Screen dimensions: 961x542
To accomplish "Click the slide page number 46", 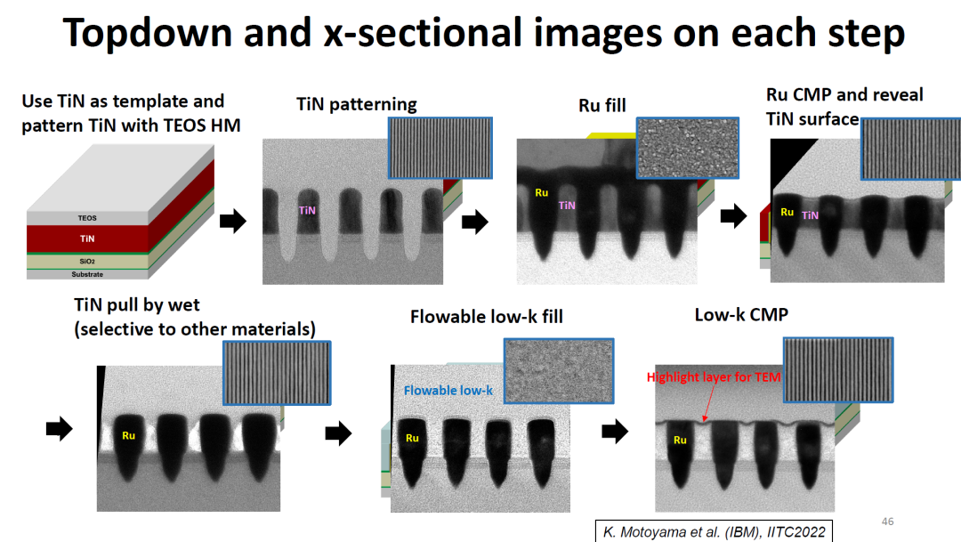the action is click(x=887, y=522).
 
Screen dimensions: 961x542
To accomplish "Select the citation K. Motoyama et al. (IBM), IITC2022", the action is click(x=714, y=532).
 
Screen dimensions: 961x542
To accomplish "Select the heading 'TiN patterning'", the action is click(x=356, y=104).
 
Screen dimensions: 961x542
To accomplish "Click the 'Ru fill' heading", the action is click(x=602, y=106).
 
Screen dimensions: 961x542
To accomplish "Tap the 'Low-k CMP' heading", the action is click(x=741, y=315).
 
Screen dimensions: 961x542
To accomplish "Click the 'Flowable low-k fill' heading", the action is click(x=486, y=317).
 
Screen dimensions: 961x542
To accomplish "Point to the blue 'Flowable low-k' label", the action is click(x=448, y=390).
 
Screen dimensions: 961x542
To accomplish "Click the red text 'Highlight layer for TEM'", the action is click(x=714, y=377).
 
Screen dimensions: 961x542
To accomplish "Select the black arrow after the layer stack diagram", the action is click(x=232, y=222).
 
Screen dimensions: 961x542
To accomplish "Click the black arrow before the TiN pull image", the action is click(x=59, y=430).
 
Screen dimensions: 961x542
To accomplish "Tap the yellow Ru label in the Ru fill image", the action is click(x=541, y=192).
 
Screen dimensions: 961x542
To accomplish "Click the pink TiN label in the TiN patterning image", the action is click(x=307, y=211).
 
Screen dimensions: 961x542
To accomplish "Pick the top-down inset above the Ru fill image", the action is click(x=688, y=147).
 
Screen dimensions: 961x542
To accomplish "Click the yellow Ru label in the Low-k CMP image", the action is click(x=680, y=440).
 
